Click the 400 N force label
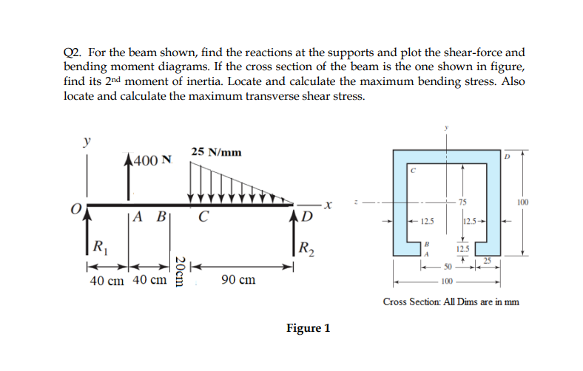pos(154,160)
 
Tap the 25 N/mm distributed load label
pos(215,152)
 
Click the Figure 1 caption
pos(308,328)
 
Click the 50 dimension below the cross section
pos(448,266)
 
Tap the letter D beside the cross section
pos(508,157)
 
